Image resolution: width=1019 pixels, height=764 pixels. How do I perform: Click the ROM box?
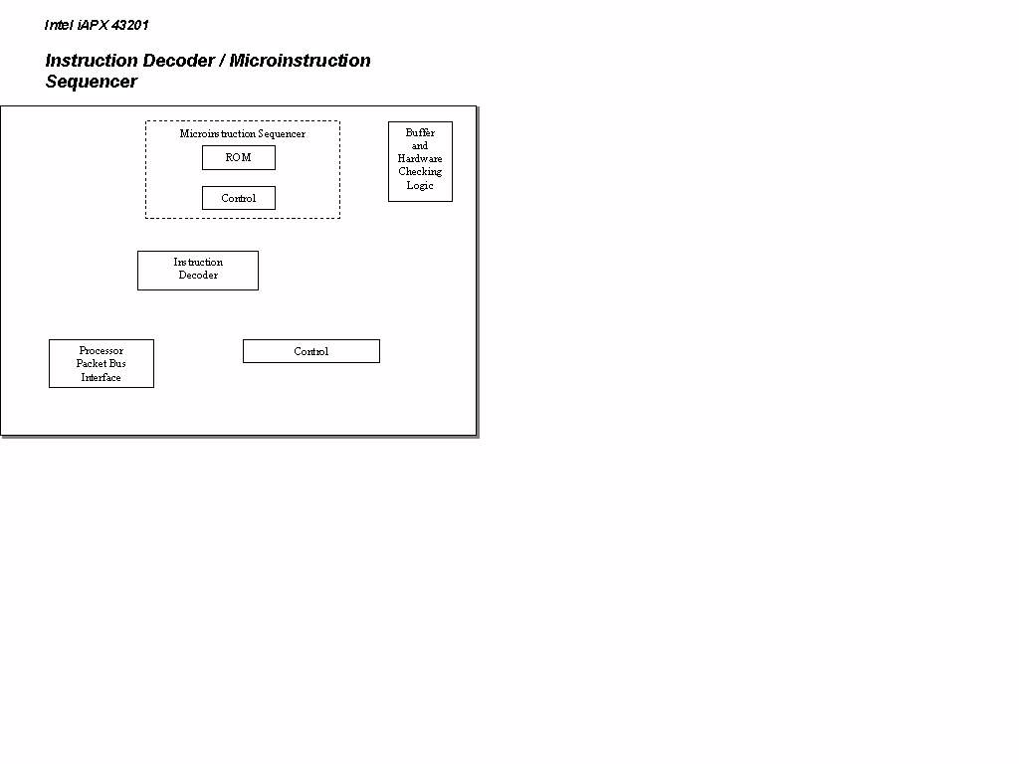(239, 158)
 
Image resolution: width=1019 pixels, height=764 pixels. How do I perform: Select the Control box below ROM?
(239, 198)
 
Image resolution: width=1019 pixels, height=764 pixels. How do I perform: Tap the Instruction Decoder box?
(198, 271)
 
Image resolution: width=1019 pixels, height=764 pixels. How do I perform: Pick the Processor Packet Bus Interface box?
(102, 364)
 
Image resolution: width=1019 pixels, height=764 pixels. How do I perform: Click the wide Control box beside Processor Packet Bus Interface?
(311, 351)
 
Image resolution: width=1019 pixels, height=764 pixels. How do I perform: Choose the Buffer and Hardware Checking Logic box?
(421, 162)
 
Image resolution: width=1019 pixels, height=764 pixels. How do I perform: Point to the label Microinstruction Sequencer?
(243, 134)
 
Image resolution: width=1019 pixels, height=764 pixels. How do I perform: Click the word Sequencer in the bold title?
(92, 82)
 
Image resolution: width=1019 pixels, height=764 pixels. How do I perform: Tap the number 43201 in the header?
(130, 25)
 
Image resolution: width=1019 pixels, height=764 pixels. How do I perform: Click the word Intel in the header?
(59, 25)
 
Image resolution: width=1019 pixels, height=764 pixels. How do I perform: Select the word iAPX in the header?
(93, 25)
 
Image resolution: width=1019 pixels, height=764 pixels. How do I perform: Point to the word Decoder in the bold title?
(179, 61)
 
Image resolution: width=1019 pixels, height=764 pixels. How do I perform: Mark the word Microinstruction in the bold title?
(301, 61)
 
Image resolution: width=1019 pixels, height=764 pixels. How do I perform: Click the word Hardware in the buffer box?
(420, 158)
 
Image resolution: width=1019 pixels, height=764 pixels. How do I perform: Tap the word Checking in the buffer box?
(420, 172)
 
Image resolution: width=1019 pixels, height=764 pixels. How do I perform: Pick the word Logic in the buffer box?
(420, 186)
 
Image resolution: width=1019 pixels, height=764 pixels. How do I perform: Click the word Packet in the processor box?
(91, 364)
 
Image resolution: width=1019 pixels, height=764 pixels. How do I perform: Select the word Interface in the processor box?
(101, 377)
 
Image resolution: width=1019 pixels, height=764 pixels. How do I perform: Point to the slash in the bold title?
(222, 61)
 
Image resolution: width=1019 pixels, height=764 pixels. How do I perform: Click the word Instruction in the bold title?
(92, 61)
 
